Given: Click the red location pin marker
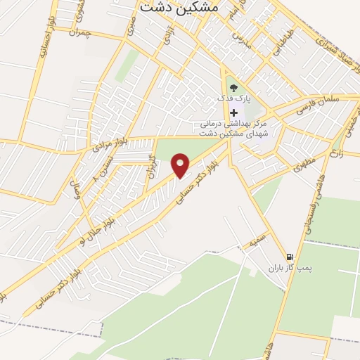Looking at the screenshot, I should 181,165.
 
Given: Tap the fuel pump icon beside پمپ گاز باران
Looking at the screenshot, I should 289,256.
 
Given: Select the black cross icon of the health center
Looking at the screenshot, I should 233,112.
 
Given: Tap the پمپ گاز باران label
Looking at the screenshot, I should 288,268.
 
